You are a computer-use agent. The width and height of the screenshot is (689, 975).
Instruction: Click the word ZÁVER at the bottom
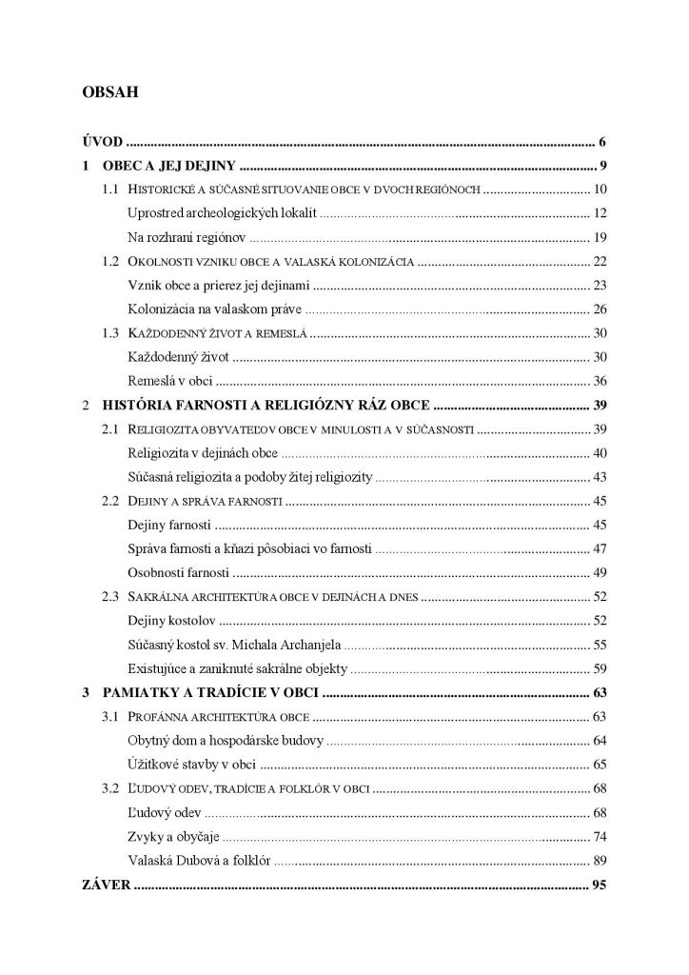(x=104, y=885)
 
